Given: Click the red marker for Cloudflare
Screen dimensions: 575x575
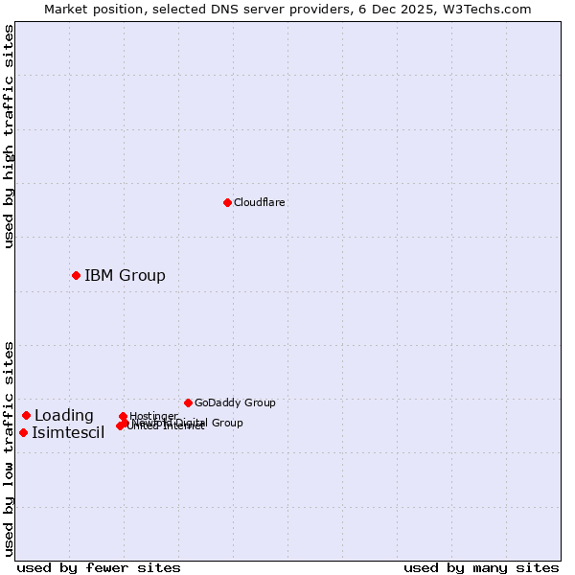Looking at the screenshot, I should coord(227,202).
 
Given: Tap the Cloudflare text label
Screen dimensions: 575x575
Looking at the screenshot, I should coord(259,202).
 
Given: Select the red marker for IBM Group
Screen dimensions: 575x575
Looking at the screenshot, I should coord(76,275).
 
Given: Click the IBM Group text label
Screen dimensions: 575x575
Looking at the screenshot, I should coord(125,276).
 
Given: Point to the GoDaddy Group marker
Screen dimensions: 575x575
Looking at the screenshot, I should coord(188,402).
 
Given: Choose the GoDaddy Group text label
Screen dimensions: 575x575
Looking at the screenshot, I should coord(235,402).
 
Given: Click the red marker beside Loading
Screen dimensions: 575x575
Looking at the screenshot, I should coord(26,415).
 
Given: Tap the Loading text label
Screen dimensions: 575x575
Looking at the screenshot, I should coord(63,416).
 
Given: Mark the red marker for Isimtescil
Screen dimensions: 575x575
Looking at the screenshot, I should coord(23,432).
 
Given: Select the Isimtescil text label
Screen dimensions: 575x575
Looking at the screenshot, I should coord(68,433).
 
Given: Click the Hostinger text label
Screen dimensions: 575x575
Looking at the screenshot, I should coord(153,416).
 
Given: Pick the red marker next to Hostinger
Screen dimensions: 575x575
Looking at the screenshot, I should coord(123,417).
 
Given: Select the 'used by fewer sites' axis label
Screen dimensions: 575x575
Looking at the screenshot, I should coord(99,567).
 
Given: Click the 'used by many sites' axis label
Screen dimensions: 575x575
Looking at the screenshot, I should coord(481,567).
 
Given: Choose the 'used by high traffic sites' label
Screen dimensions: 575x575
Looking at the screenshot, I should coord(9,136).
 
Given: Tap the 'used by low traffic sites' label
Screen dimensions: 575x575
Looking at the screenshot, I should coord(9,448).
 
